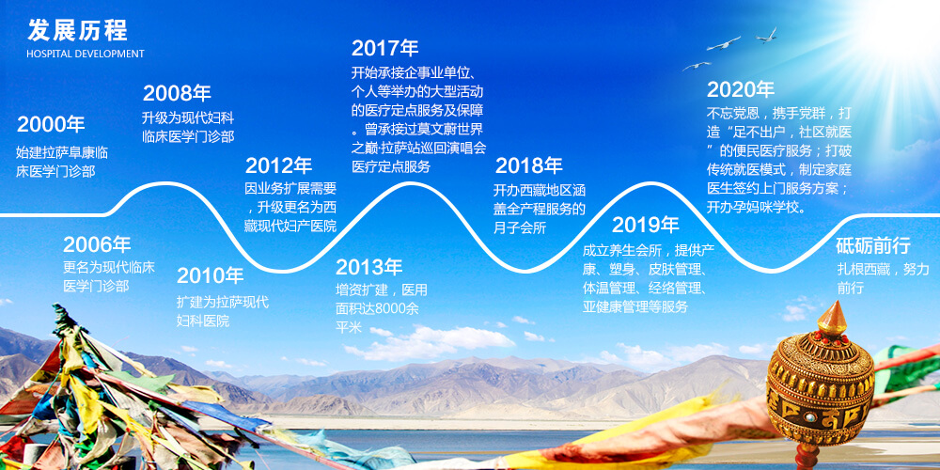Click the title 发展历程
(x=77, y=29)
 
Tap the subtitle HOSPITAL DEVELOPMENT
(x=86, y=54)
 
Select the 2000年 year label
(x=51, y=124)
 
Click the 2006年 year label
(x=97, y=244)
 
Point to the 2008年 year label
(x=177, y=93)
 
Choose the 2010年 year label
(x=211, y=275)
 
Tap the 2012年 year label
(x=279, y=166)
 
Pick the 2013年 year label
(x=369, y=267)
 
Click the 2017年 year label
(x=384, y=48)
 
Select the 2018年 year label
(x=528, y=165)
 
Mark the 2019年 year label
(x=646, y=225)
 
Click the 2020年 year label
(x=741, y=90)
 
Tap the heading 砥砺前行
(x=873, y=245)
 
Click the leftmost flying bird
(x=696, y=66)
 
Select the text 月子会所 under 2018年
(x=520, y=227)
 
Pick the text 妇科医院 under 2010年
(x=203, y=321)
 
